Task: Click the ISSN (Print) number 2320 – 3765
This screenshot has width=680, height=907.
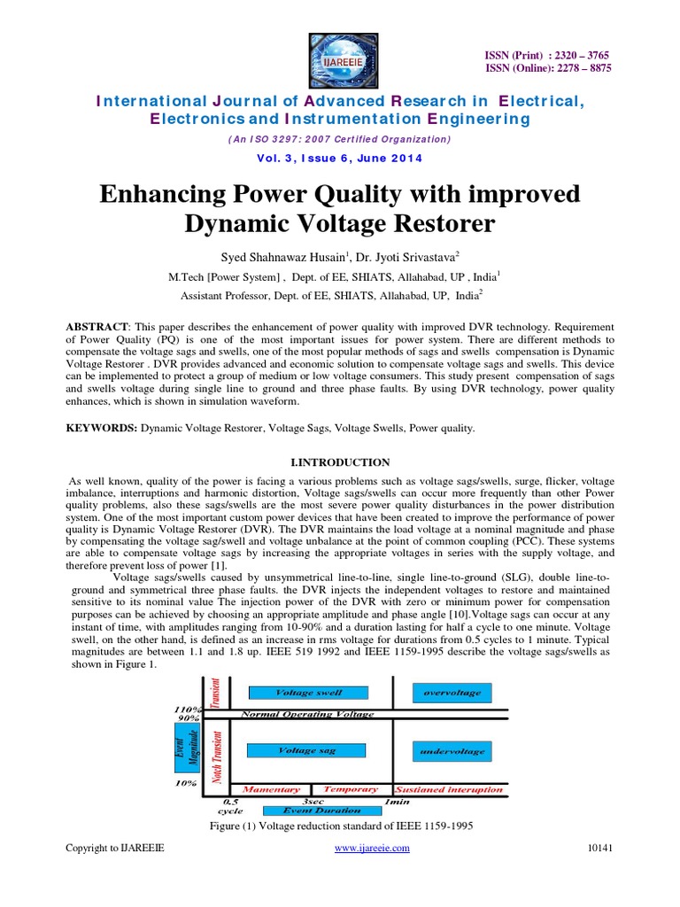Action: click(577, 55)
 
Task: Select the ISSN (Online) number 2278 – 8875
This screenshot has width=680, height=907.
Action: click(577, 68)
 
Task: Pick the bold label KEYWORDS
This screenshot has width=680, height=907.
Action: click(101, 428)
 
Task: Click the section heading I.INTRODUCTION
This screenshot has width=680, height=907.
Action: click(340, 462)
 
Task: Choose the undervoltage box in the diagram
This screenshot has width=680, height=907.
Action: click(451, 752)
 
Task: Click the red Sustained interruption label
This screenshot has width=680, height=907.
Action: click(449, 789)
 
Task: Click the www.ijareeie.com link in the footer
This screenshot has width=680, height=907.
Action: click(371, 849)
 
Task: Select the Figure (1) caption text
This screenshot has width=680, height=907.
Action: click(340, 826)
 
